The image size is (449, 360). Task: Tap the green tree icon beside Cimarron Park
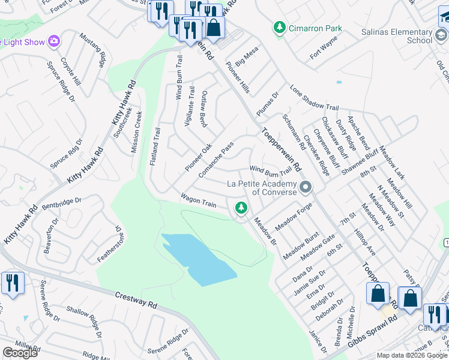click(279, 28)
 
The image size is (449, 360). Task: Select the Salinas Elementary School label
click(394, 36)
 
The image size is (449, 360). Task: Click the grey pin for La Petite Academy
click(306, 188)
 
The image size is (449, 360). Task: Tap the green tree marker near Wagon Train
click(241, 208)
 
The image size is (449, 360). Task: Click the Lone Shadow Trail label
click(312, 97)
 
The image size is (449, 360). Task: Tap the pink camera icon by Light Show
click(54, 41)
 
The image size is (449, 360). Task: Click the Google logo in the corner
click(19, 353)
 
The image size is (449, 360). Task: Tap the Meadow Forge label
click(294, 217)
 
